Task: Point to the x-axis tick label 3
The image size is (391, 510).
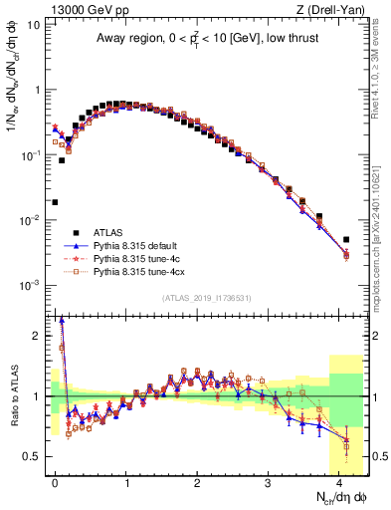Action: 269,481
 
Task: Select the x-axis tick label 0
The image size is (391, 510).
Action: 56,481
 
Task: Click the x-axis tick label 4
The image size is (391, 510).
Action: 339,481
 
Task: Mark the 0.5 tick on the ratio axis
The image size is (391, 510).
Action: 35,456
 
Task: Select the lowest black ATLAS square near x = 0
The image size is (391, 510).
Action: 55,202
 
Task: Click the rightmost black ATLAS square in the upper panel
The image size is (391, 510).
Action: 345,239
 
